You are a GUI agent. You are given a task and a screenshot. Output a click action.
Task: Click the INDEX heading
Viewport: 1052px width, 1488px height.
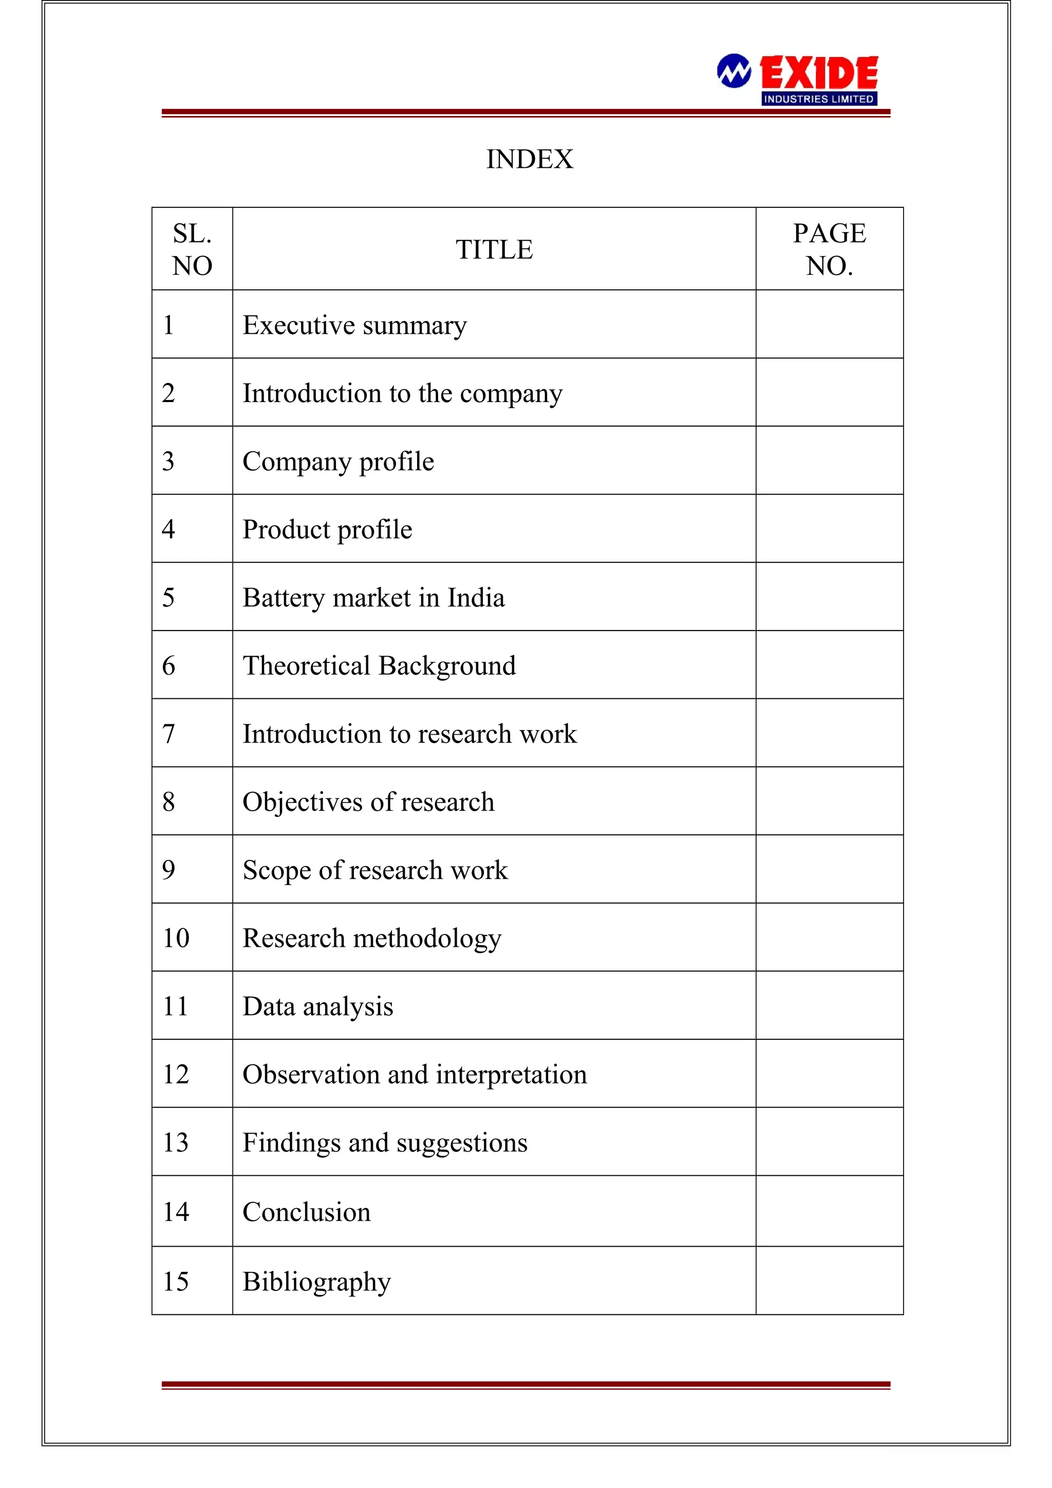click(530, 159)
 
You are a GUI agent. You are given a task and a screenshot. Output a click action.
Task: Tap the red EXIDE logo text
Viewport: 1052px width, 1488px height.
click(819, 72)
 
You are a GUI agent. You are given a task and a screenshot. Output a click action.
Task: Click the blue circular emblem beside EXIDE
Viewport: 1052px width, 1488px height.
click(734, 71)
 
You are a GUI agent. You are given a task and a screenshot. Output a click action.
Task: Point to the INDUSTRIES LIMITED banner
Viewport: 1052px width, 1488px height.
click(819, 99)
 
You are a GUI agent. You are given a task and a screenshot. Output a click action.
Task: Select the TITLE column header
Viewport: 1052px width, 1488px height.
click(494, 250)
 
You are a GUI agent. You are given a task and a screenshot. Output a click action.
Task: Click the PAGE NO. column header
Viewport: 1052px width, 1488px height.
click(829, 250)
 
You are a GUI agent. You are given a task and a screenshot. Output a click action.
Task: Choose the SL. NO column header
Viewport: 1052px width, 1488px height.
click(192, 250)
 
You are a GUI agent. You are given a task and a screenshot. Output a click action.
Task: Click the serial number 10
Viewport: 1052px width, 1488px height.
click(176, 938)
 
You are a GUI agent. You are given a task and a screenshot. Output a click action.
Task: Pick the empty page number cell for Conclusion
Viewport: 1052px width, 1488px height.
click(829, 1211)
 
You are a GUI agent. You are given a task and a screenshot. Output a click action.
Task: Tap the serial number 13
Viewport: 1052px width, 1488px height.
click(176, 1142)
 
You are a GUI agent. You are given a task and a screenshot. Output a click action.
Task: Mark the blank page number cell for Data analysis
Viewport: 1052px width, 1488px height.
click(829, 1006)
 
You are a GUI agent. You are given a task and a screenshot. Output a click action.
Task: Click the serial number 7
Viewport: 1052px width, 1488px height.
click(168, 734)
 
